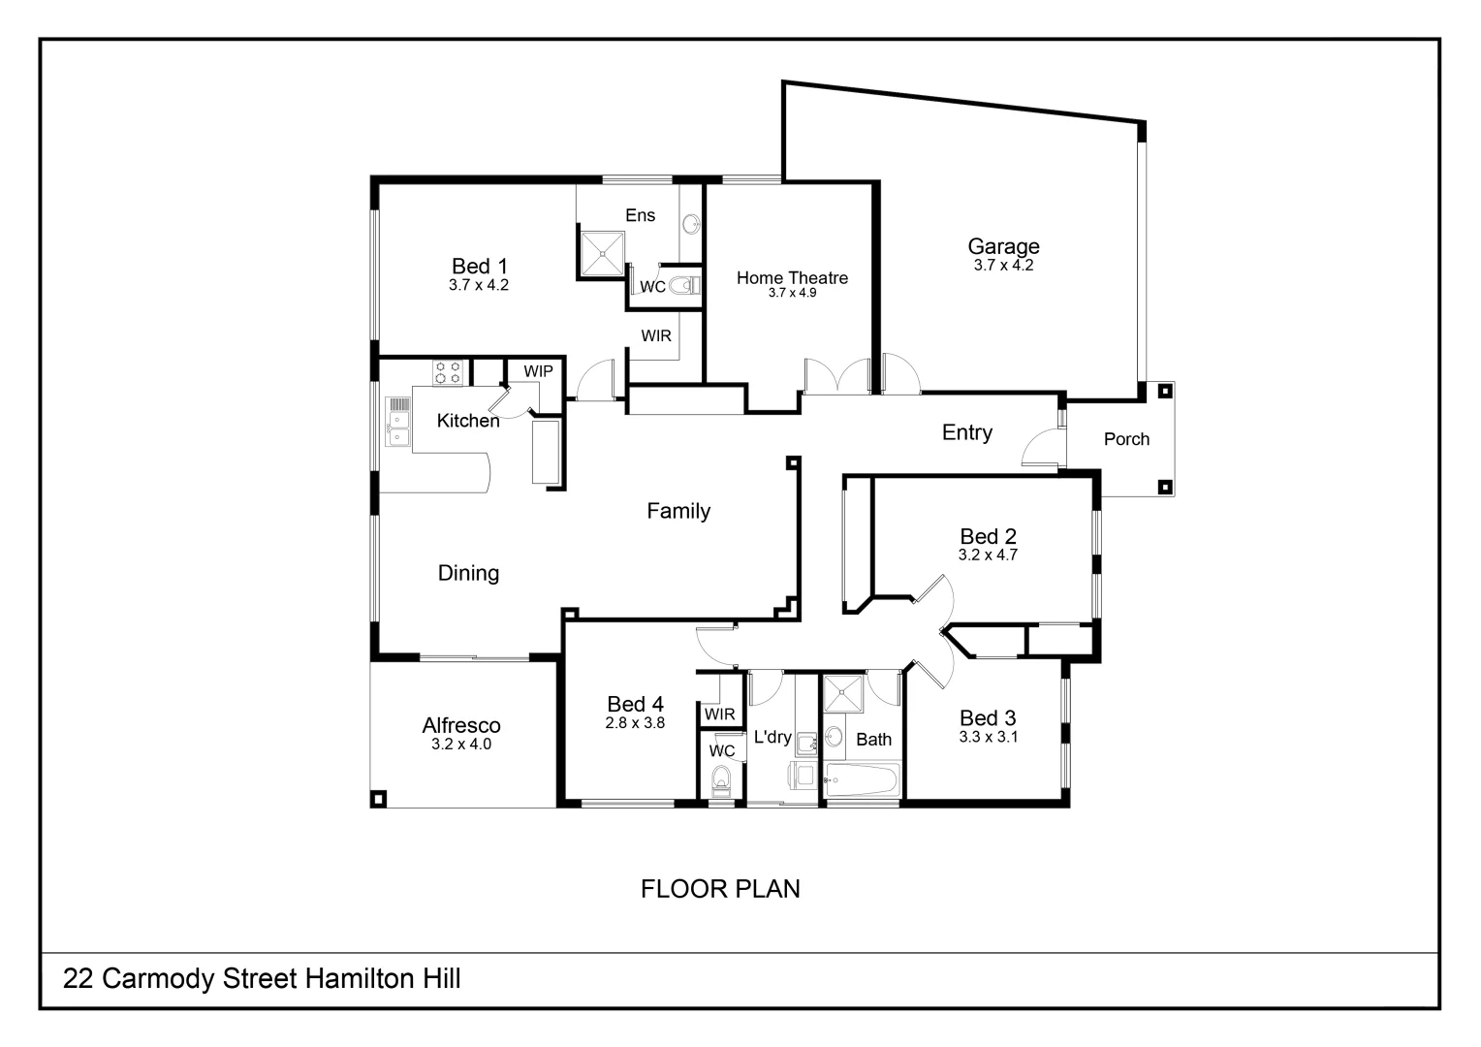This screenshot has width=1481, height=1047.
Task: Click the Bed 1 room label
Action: (479, 266)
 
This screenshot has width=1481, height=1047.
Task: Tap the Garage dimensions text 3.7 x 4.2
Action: (1003, 266)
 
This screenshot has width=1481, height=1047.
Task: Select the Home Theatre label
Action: (792, 278)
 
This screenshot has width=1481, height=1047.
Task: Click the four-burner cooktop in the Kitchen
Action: (448, 372)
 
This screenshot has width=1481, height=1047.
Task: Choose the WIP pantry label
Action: (538, 371)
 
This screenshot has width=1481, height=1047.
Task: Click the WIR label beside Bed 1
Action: (656, 336)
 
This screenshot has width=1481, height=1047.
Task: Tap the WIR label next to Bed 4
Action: (719, 714)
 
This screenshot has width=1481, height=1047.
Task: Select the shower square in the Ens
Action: (602, 252)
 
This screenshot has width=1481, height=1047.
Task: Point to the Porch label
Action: (1126, 439)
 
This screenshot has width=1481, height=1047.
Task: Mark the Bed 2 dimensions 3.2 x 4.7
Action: (988, 555)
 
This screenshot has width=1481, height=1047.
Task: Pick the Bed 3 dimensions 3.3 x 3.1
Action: (988, 737)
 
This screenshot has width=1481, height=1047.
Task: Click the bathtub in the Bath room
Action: (862, 780)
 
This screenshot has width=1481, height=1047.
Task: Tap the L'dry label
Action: (772, 737)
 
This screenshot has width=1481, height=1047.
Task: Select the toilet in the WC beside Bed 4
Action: (720, 778)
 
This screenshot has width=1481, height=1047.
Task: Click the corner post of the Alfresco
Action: (379, 799)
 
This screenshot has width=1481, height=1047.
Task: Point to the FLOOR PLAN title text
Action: (720, 889)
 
